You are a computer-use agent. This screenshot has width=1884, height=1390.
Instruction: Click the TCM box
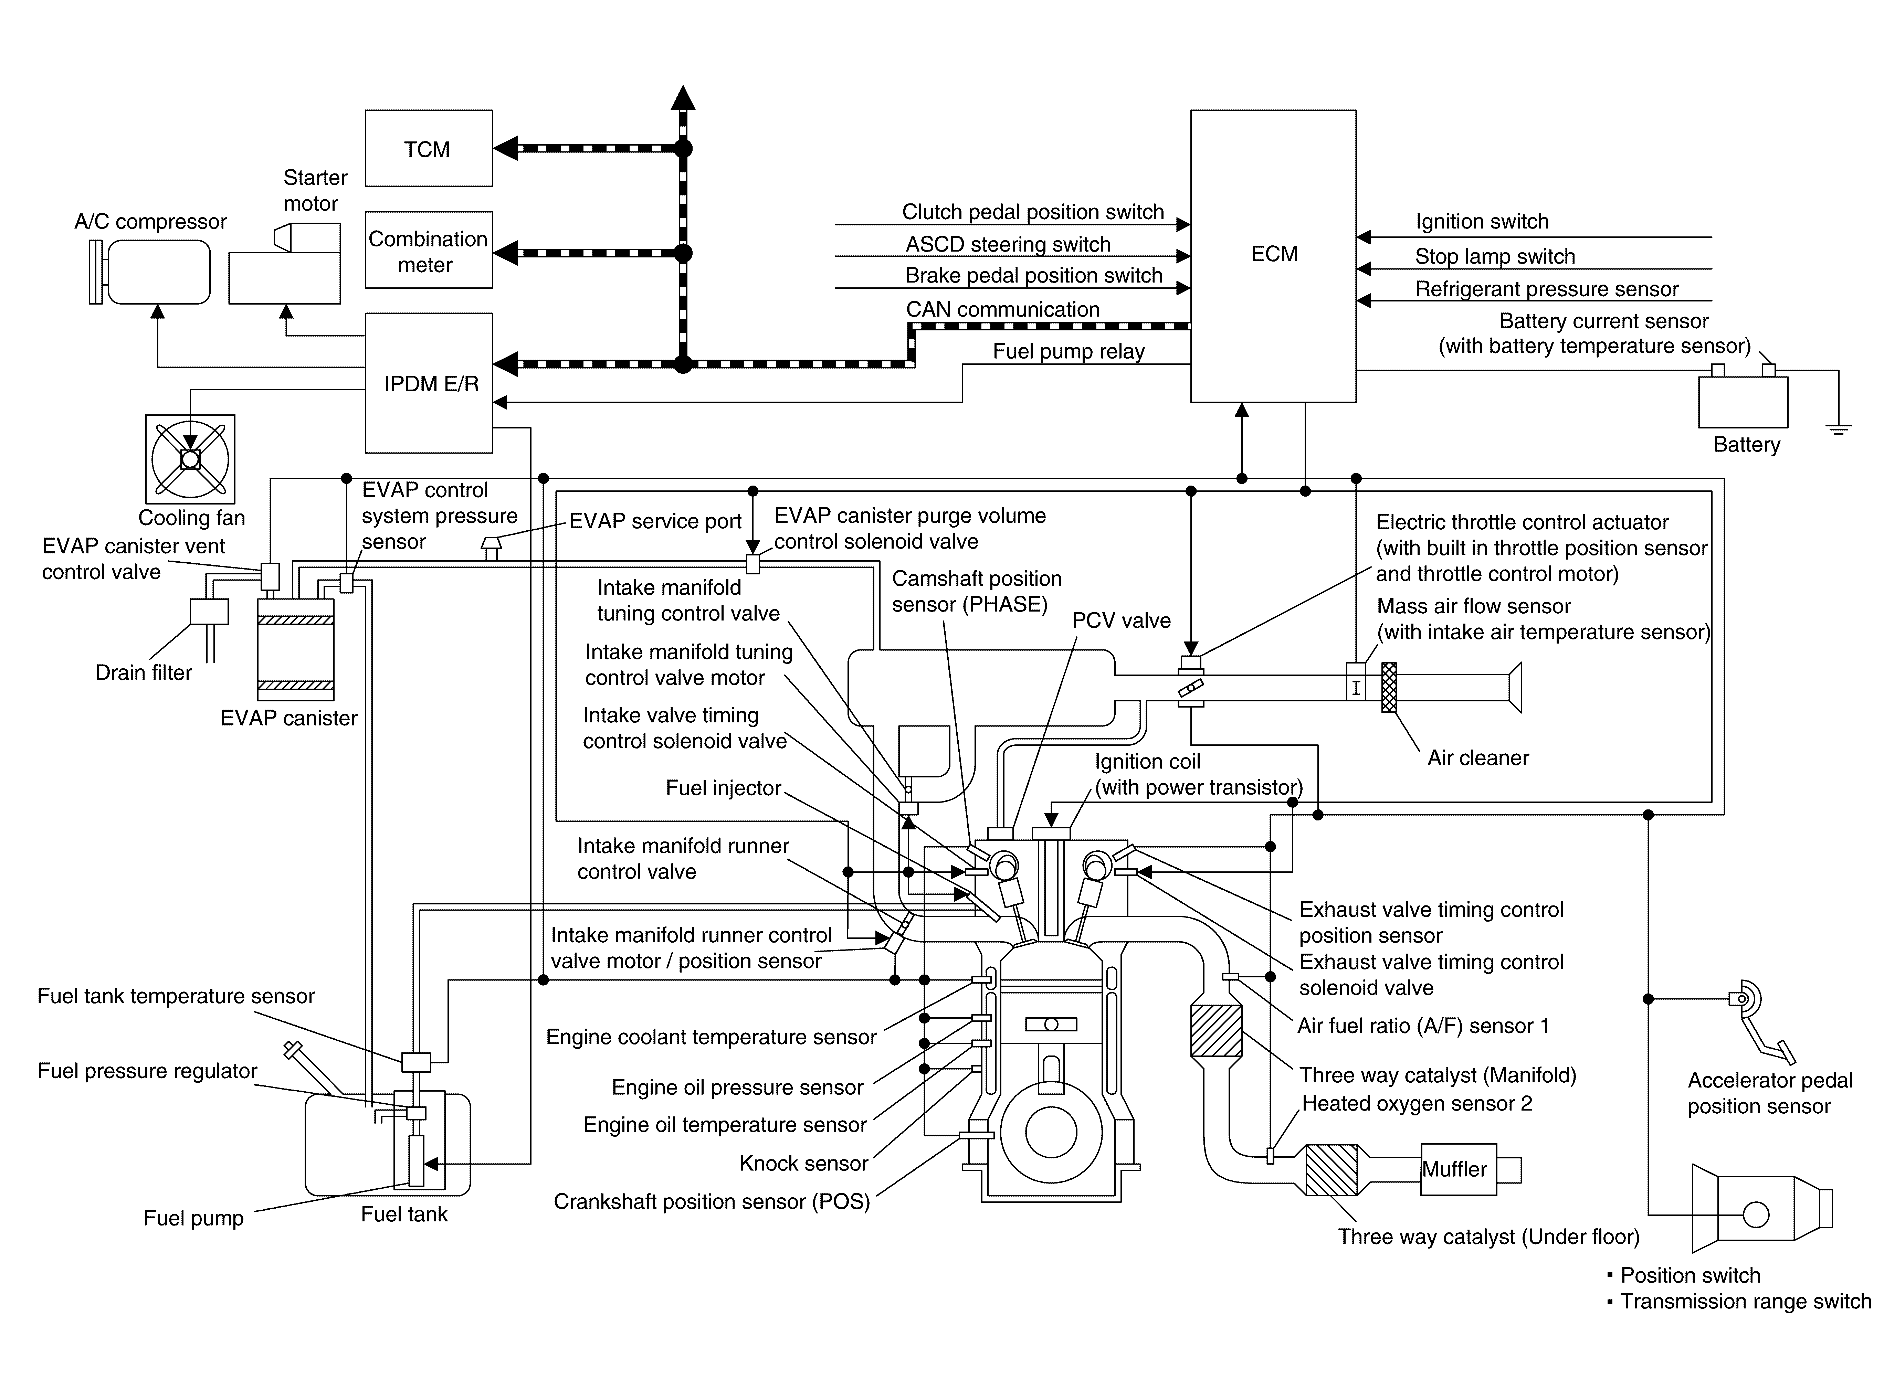click(428, 148)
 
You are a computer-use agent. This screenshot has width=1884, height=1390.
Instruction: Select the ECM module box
click(1273, 256)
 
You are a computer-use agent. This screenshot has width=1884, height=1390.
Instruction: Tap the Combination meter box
click(428, 250)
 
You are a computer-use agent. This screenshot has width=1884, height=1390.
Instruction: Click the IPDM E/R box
click(428, 383)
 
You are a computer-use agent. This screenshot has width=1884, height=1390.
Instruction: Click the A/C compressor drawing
click(150, 272)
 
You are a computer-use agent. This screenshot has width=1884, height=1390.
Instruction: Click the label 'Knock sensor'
click(803, 1163)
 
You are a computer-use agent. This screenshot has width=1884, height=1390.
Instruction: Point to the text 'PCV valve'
click(1121, 620)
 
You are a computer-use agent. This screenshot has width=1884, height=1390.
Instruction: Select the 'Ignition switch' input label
click(1482, 221)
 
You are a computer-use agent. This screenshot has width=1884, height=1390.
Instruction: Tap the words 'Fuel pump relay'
click(1069, 351)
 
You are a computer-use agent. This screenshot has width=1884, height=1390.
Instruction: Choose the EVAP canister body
click(295, 649)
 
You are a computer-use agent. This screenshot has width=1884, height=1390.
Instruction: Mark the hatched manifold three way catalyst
click(1217, 1031)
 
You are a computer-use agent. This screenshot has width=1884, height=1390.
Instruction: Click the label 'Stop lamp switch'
click(1494, 256)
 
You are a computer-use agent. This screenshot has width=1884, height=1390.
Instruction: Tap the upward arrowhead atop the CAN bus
click(683, 98)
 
